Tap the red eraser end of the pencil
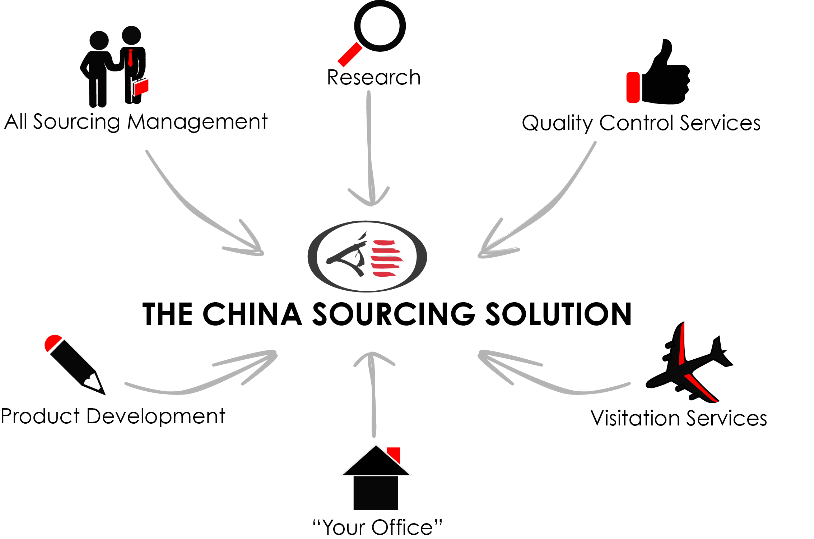pos(52,342)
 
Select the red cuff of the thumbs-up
pos(633,87)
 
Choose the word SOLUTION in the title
pos(558,314)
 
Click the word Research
pos(374,77)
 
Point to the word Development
pos(156,417)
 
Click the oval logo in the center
pos(367,256)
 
